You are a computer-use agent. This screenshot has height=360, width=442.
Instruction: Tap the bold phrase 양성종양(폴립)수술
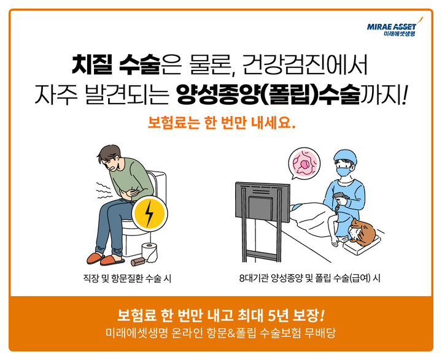266,94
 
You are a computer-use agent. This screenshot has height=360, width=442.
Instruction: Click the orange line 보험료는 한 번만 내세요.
221,123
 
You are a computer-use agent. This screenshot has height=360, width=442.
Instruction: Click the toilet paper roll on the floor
149,251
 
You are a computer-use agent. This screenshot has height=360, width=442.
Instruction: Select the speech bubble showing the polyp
304,165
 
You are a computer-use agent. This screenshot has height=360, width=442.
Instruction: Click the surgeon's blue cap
344,156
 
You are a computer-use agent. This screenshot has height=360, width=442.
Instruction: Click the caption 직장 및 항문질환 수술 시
127,278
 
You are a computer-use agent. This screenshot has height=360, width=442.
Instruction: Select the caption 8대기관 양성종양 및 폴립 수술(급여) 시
310,278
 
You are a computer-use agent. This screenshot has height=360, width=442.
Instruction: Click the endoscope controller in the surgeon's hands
339,199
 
